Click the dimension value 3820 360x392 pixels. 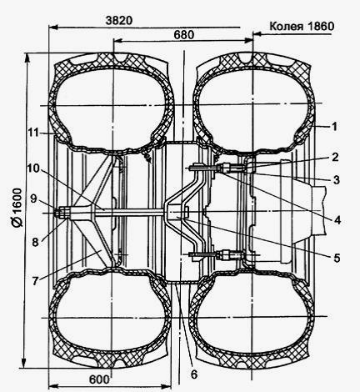[x=119, y=21]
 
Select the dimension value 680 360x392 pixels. [x=184, y=35]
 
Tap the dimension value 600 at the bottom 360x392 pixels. [x=99, y=379]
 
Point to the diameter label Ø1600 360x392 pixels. [x=17, y=208]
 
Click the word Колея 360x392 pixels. [x=286, y=27]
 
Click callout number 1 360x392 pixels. [x=334, y=127]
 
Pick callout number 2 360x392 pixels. [x=335, y=157]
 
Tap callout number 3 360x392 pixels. [x=336, y=180]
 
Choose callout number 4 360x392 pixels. [x=337, y=220]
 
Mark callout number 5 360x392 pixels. [x=337, y=259]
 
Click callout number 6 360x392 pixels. [x=194, y=374]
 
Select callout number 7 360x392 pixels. [x=35, y=281]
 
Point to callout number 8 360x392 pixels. [x=35, y=243]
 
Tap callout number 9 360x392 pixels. [x=33, y=199]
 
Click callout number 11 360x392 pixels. [x=33, y=133]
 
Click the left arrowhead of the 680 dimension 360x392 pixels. [x=117, y=41]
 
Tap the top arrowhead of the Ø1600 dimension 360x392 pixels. [x=27, y=58]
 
